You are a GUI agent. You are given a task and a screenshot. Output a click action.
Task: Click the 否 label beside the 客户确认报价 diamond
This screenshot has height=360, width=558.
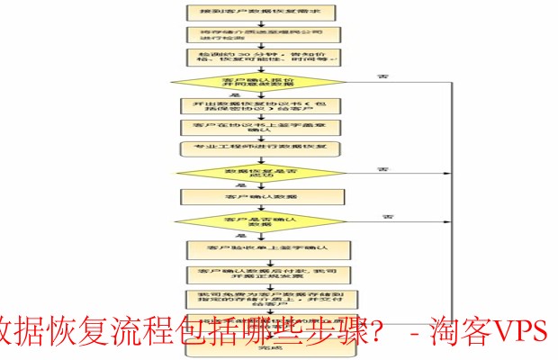click(x=357, y=76)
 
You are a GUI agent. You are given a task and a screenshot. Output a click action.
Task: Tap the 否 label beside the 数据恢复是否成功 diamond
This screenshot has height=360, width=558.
click(x=382, y=168)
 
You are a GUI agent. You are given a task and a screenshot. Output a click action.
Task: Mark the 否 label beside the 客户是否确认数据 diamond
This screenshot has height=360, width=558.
click(x=388, y=216)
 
